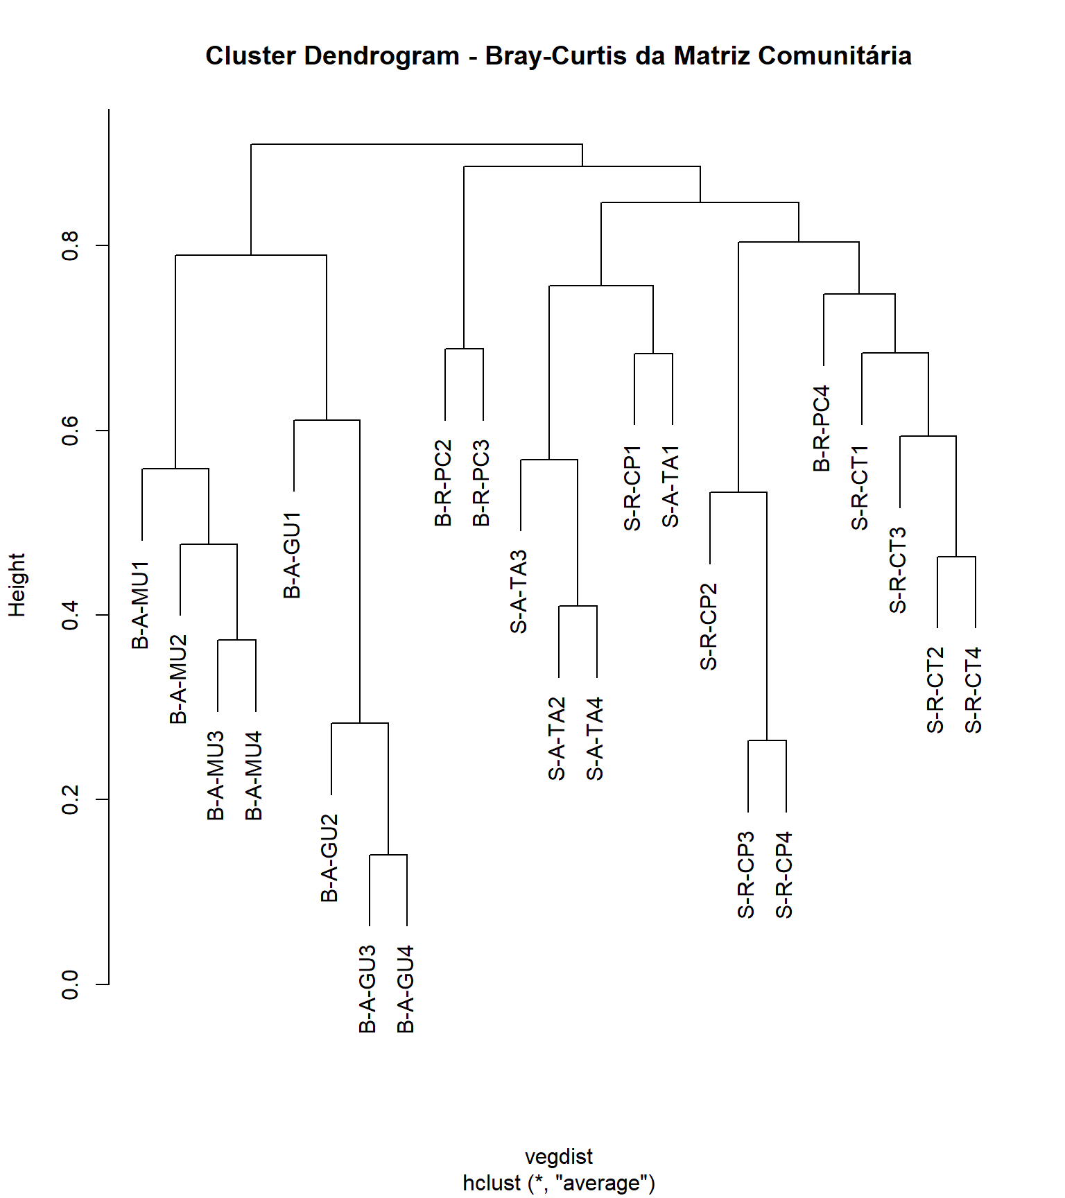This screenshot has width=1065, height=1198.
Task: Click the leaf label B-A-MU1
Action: pos(141,605)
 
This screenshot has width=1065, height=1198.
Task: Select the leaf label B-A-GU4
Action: pos(406,989)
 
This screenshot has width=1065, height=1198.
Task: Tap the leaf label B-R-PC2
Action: pos(444,483)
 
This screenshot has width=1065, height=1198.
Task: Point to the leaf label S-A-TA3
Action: pos(519,591)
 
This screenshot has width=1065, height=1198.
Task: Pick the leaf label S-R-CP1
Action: pos(633,488)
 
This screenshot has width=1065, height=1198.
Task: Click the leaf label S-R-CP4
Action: pos(784,875)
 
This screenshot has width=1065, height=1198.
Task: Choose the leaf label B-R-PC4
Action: pos(822,428)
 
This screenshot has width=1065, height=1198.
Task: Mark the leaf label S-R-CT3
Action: pos(899,570)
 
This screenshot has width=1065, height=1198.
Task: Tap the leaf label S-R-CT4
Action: pos(974,690)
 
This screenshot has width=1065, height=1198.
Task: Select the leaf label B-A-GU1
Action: pos(293,555)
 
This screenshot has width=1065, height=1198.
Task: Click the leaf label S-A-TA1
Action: pos(671,486)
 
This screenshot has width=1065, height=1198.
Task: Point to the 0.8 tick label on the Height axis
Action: pos(71,245)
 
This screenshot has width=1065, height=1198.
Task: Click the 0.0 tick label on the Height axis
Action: pos(71,984)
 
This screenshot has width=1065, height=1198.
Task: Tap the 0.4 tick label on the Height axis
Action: pos(71,615)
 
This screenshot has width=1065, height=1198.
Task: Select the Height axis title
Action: pos(17,585)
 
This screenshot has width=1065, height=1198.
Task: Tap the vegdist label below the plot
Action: pos(559,1156)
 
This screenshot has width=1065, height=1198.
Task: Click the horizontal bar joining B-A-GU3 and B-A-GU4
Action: pos(388,855)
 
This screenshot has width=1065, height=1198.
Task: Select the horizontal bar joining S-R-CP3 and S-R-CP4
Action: pos(767,740)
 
